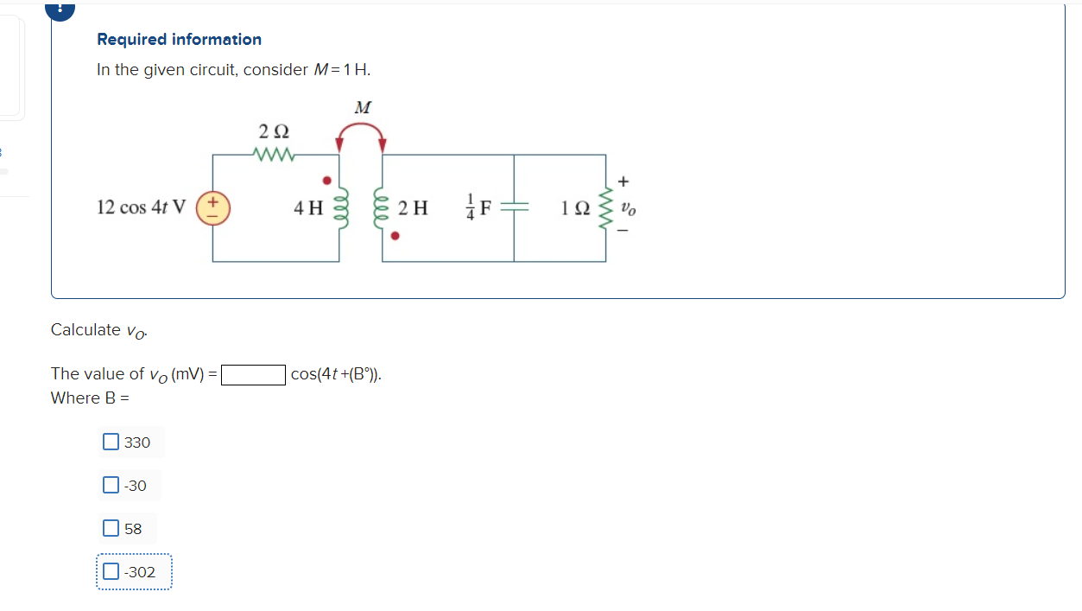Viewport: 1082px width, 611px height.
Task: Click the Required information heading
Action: tap(179, 40)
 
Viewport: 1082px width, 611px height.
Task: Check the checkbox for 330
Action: tap(111, 442)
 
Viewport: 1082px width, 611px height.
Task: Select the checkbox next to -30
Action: tap(111, 486)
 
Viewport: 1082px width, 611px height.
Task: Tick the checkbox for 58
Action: tap(111, 528)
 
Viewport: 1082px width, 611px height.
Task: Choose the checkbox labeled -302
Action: tap(111, 571)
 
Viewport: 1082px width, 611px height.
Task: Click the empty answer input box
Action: tap(254, 375)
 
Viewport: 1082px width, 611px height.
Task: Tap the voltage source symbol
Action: tap(212, 207)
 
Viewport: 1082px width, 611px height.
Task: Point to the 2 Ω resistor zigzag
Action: tap(275, 156)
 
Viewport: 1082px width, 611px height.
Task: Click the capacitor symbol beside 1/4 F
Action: tap(515, 207)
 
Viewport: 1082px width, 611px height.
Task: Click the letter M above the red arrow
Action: tap(363, 108)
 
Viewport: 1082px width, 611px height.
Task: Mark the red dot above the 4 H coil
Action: tap(326, 181)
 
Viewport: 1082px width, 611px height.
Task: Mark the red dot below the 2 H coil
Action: tap(395, 234)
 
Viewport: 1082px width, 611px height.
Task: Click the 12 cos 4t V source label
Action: tap(141, 208)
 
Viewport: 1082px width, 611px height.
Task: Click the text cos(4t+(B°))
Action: tap(336, 375)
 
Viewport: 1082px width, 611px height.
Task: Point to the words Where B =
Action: tap(90, 398)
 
